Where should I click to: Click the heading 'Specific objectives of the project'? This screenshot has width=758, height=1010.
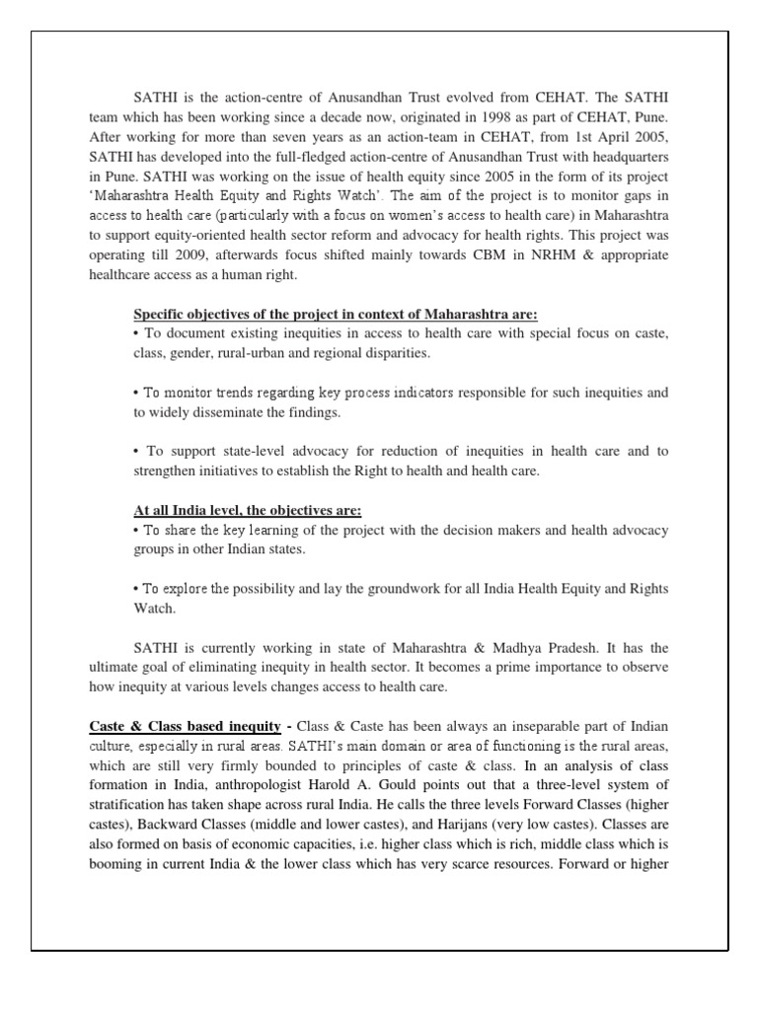point(336,315)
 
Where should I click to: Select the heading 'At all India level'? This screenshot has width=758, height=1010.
point(247,510)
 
